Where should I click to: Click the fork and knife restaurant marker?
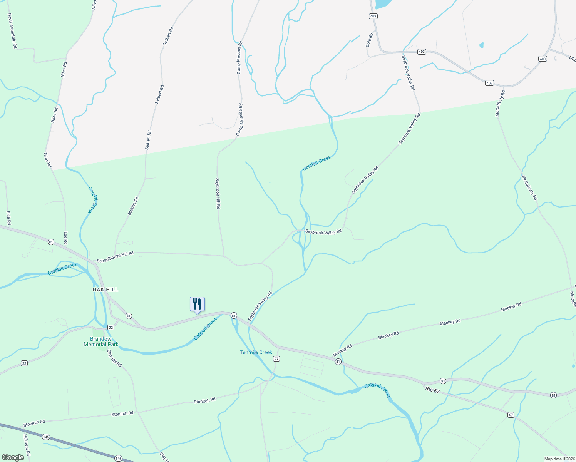tap(197, 304)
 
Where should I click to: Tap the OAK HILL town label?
tap(105, 290)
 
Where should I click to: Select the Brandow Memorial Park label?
tap(101, 341)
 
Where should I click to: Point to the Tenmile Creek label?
tap(256, 352)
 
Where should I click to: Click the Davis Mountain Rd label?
tap(12, 31)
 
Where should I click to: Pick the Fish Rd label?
tap(8, 218)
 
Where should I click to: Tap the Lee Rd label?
tap(65, 238)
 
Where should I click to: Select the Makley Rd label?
tap(133, 206)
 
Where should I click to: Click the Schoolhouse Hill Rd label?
tap(115, 257)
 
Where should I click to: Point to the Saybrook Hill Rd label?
tap(218, 193)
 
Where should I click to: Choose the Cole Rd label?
tap(369, 40)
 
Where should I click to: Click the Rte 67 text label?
tap(431, 391)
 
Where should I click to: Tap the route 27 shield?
tap(276, 358)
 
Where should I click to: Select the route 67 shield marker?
tap(511, 415)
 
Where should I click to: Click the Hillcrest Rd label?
tap(26, 445)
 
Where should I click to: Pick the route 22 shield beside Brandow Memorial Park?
tap(111, 327)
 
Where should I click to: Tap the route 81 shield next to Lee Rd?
tap(51, 242)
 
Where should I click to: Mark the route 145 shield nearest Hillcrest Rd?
tap(46, 437)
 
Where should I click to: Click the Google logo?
tap(13, 457)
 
